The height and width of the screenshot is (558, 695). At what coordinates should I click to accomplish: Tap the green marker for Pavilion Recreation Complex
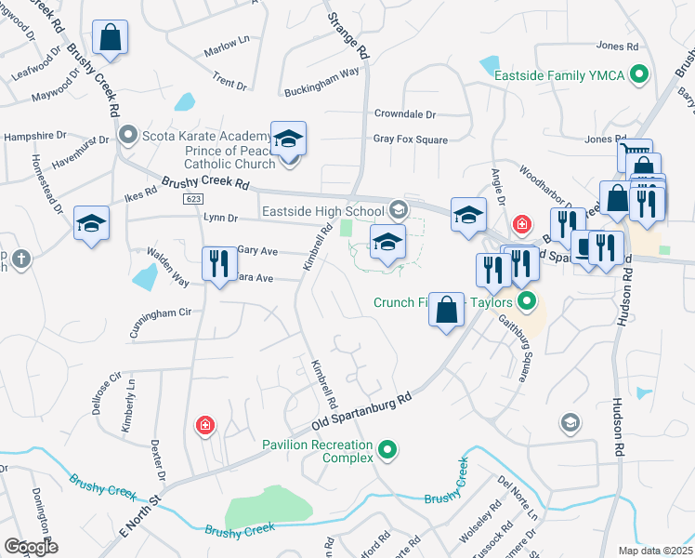tap(389, 451)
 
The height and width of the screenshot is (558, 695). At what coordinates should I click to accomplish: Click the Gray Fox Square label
tap(410, 139)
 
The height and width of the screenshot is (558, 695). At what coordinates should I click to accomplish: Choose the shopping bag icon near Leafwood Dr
tap(110, 38)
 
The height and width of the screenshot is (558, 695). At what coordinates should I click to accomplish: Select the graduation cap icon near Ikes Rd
tap(92, 223)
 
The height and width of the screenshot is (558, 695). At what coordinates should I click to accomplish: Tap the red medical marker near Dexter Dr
tap(204, 426)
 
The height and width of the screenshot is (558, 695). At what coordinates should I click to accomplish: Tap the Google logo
tap(31, 547)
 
